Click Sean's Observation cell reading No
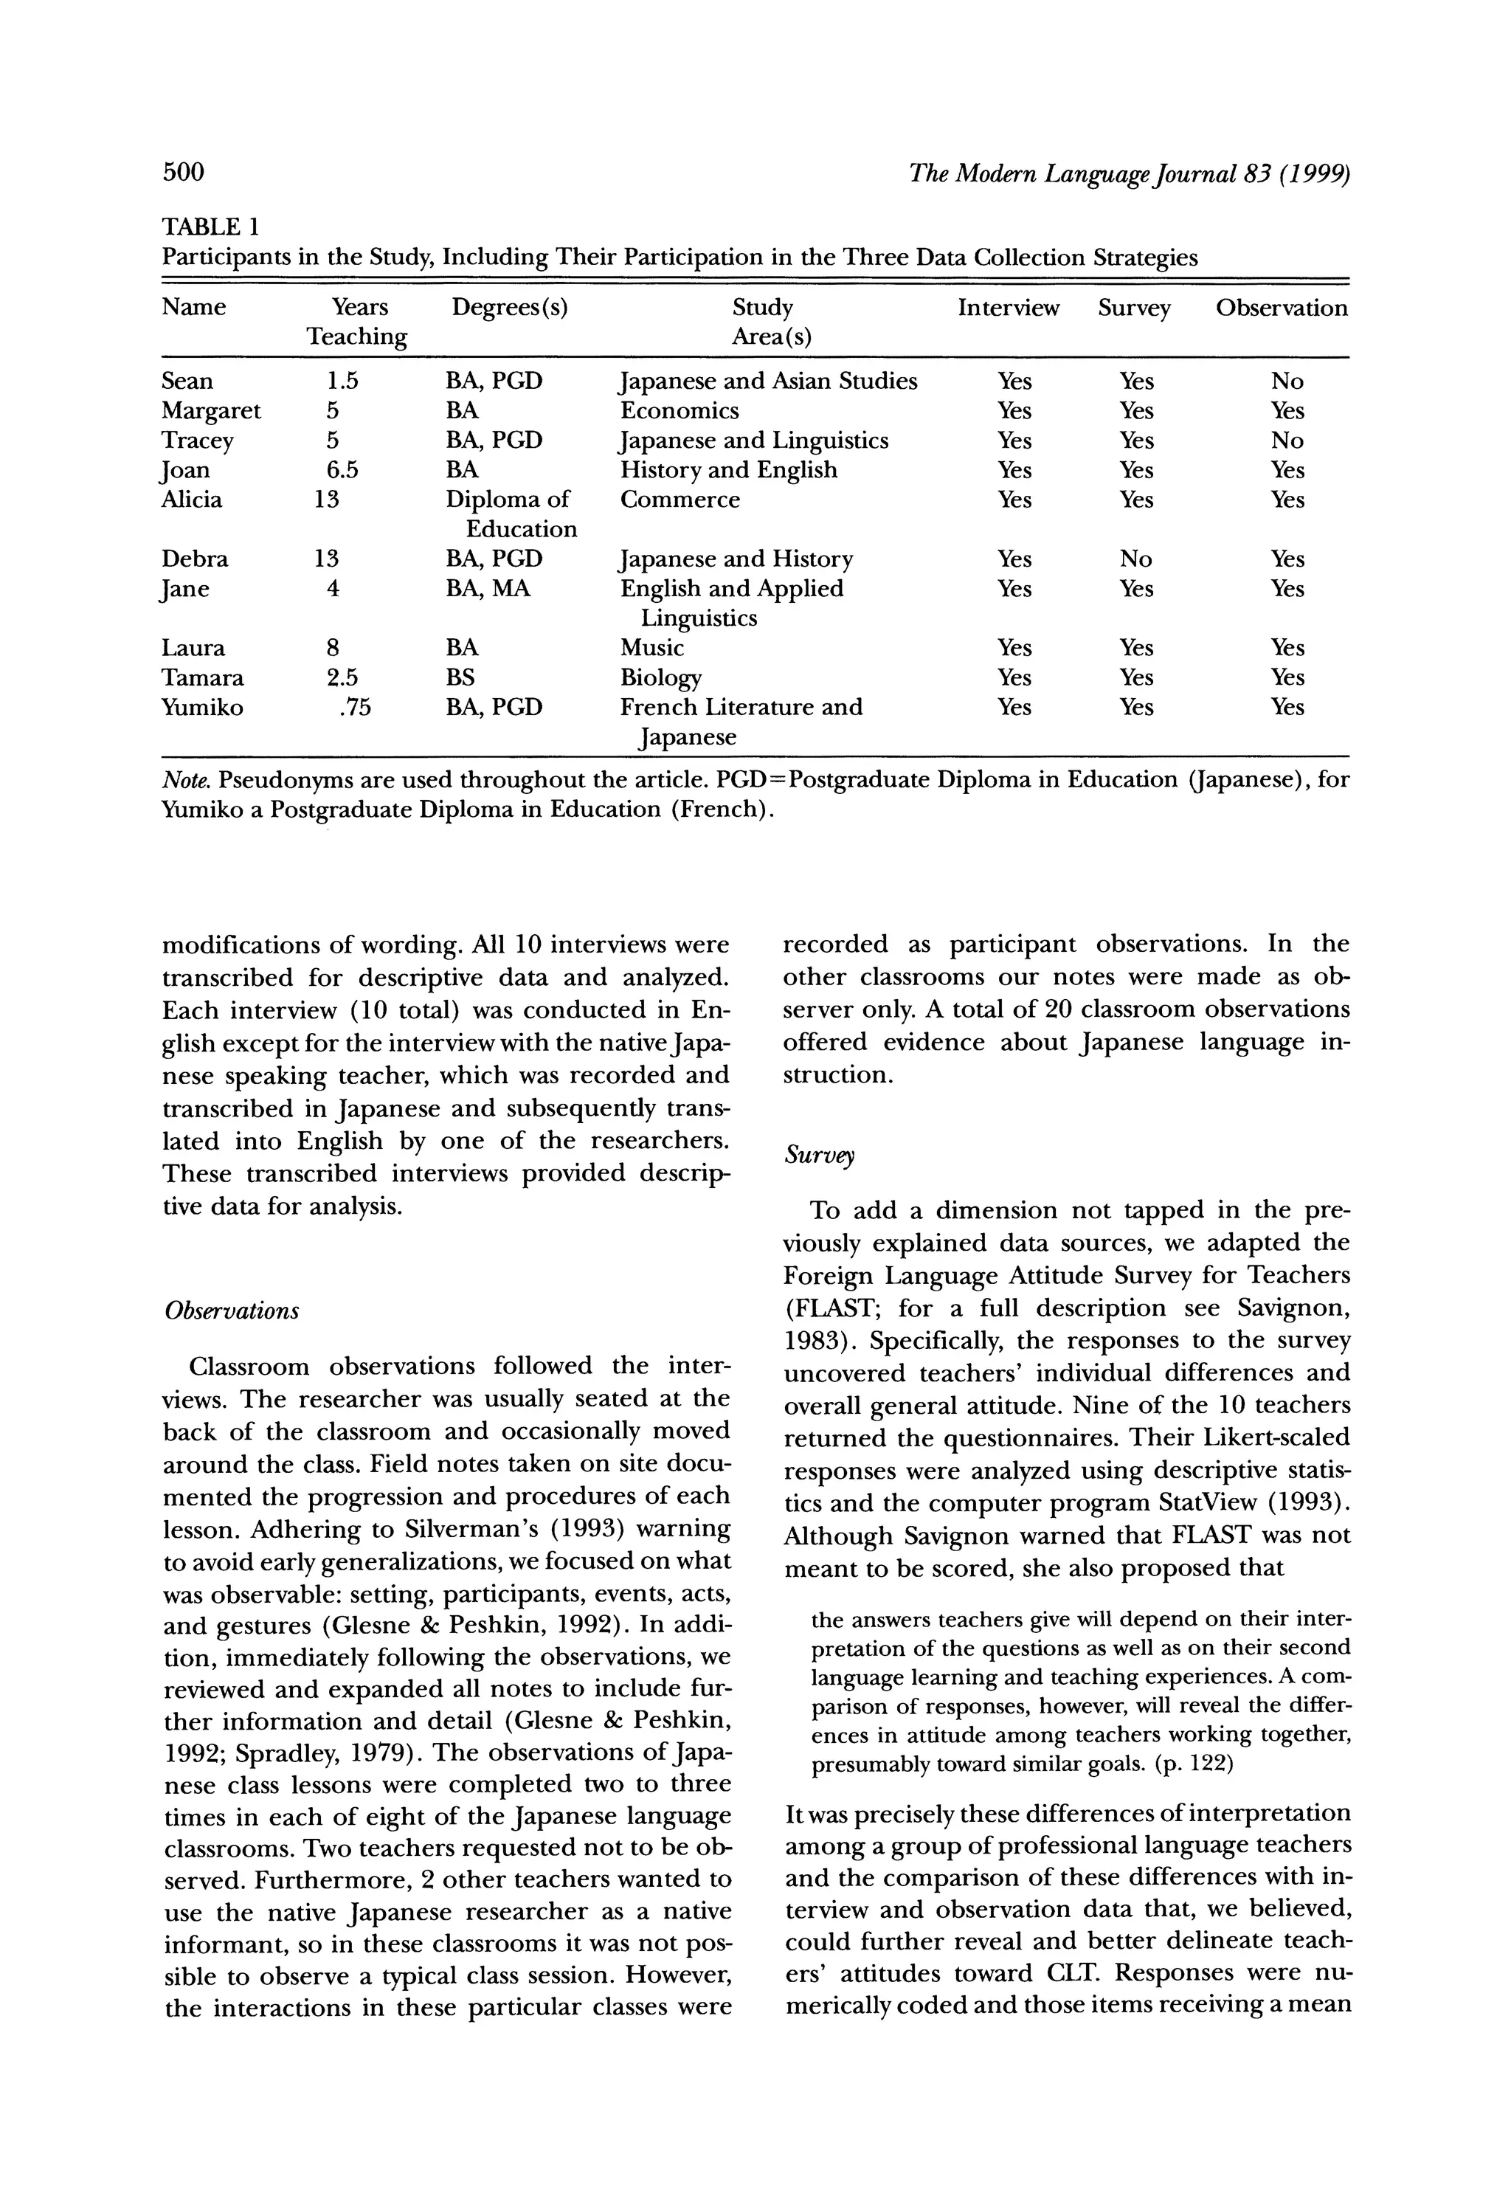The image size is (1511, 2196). click(1287, 381)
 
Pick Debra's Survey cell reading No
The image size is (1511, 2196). click(1135, 559)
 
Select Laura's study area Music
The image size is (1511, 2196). click(651, 648)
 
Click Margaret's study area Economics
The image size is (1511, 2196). click(679, 411)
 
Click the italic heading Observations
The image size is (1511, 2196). click(232, 1311)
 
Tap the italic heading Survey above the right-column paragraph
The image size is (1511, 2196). click(819, 1156)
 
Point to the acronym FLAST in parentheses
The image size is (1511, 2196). click(829, 1308)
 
